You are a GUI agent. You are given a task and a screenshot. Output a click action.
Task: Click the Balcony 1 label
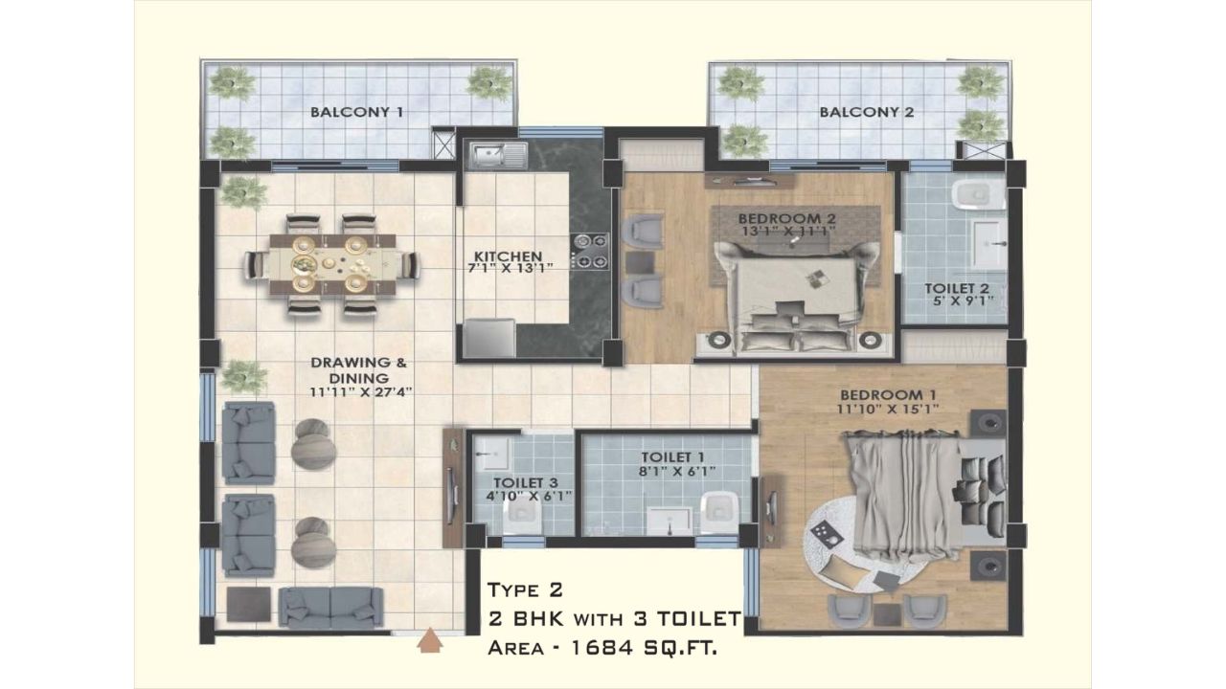[x=357, y=112]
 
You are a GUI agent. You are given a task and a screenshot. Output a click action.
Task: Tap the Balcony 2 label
[x=867, y=112]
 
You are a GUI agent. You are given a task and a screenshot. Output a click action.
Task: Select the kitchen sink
[x=498, y=154]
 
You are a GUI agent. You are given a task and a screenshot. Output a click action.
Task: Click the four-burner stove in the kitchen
[x=589, y=251]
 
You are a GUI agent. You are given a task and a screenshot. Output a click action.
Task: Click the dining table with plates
[x=332, y=263]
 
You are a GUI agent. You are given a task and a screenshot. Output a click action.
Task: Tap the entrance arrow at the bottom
[x=430, y=640]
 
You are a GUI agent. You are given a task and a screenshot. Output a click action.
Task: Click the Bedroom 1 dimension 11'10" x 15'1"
[x=888, y=409]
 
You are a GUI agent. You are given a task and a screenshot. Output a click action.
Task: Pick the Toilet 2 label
[x=957, y=288]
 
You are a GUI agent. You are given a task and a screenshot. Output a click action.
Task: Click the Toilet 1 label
[x=672, y=456]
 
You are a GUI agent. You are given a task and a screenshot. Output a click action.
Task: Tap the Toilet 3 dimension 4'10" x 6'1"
[x=529, y=496]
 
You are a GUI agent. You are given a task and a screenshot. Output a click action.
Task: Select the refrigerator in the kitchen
[x=489, y=338]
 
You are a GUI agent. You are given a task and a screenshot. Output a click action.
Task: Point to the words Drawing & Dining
[x=358, y=370]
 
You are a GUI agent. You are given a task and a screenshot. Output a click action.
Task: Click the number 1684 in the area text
[x=602, y=649]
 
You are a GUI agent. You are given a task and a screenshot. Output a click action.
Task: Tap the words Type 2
[x=525, y=590]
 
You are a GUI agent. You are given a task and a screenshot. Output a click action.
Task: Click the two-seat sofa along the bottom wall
[x=330, y=607]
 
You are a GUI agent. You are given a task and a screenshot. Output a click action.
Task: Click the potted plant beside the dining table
[x=242, y=192]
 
